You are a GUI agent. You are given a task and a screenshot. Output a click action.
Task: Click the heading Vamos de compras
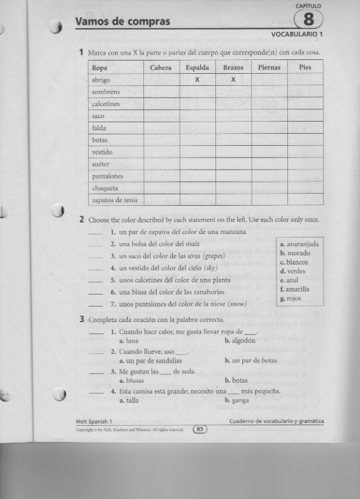coord(122,22)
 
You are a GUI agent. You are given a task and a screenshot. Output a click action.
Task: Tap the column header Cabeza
coord(161,68)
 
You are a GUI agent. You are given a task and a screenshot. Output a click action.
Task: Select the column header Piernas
coord(269,68)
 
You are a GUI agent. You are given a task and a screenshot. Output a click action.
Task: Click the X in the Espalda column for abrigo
coord(197,80)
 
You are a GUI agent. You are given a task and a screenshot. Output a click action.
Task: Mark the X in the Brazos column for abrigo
coord(233,80)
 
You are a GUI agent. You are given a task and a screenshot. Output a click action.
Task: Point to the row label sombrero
coord(106,92)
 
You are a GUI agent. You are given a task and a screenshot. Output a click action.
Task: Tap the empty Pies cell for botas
coord(305,140)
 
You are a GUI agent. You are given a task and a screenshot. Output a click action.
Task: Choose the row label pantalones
coord(107,176)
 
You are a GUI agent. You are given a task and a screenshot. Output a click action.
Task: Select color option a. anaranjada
coord(299,244)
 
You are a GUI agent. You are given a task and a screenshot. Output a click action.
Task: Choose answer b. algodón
coord(240,341)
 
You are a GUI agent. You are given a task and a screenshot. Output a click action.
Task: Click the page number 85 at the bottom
coord(200,429)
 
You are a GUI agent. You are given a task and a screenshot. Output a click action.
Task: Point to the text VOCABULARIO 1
coord(297,35)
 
